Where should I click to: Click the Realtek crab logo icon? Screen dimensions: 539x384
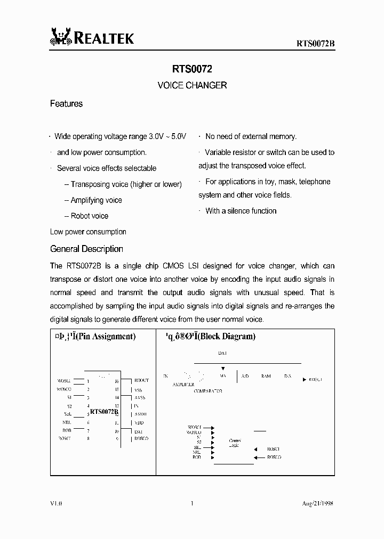point(60,37)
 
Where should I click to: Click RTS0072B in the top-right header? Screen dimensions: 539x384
point(315,43)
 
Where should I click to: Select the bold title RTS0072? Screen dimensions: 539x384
point(192,69)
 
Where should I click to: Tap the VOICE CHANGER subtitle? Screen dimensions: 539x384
point(192,85)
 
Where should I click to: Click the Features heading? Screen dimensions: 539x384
point(66,104)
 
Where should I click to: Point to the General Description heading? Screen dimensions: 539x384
point(86,249)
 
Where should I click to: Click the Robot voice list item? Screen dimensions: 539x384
point(89,216)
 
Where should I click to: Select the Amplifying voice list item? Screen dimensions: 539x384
point(96,200)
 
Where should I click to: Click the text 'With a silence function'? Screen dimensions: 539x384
point(241,211)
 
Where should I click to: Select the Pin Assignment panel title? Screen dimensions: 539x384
point(93,336)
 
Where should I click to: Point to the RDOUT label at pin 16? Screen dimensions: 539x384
point(141,381)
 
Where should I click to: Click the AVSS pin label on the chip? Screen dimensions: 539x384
point(140,398)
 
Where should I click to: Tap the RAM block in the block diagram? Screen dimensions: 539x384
point(266,376)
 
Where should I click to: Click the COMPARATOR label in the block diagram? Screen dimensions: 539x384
point(207,391)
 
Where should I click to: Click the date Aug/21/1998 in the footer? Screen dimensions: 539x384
point(317,503)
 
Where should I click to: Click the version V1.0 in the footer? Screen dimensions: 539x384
point(56,503)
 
